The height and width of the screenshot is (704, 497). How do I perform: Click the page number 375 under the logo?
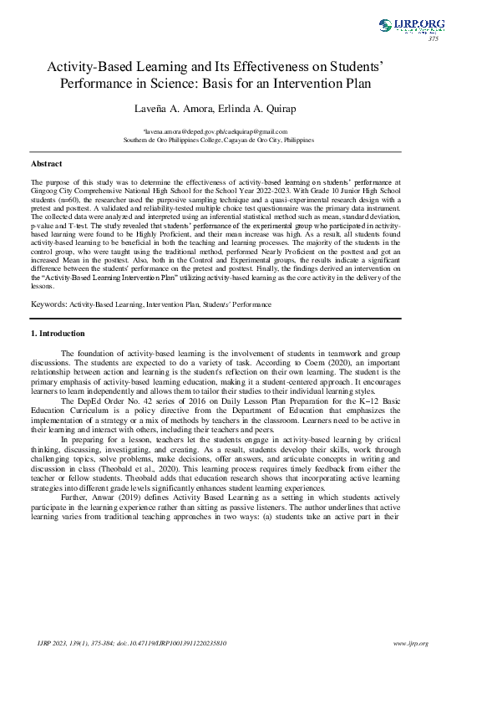click(x=433, y=39)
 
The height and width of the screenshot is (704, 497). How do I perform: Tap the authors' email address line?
click(x=215, y=131)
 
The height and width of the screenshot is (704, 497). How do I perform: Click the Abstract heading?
click(x=46, y=164)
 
